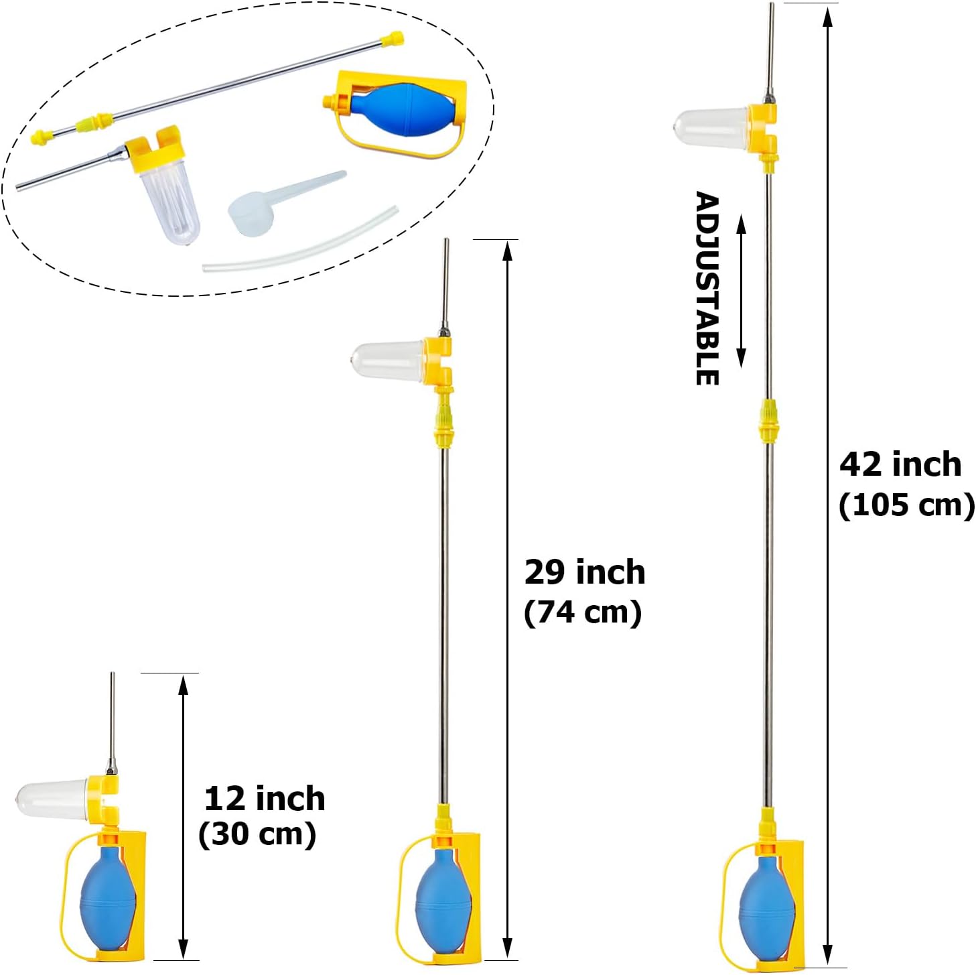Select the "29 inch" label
(x=585, y=572)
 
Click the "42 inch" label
(x=900, y=464)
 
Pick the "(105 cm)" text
(x=906, y=505)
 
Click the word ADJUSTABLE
(x=707, y=288)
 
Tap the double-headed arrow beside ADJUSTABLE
(x=741, y=291)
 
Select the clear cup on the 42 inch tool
(x=711, y=125)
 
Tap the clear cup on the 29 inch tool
(x=389, y=359)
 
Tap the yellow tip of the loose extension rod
(x=393, y=38)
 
